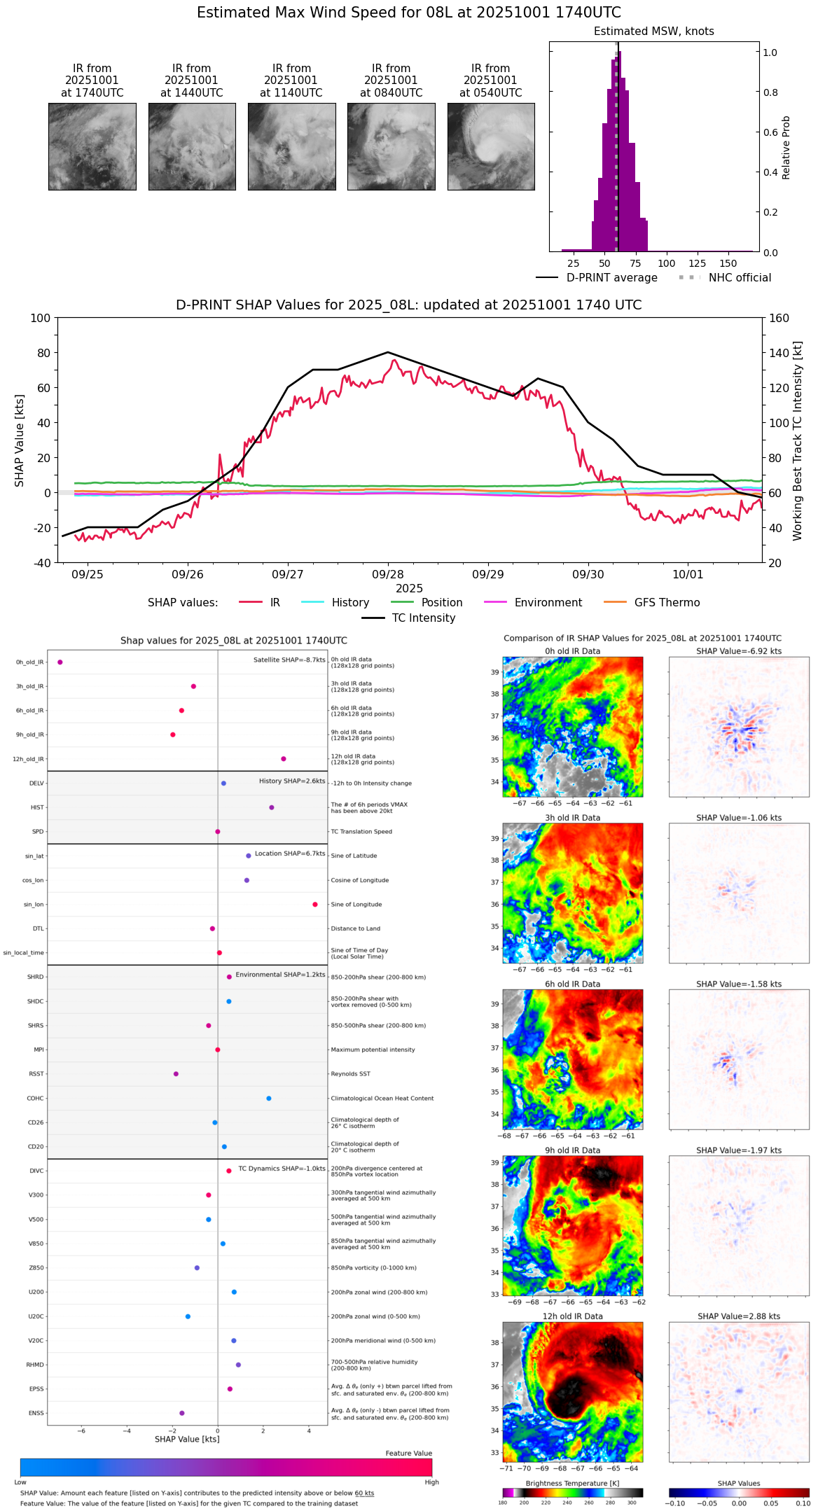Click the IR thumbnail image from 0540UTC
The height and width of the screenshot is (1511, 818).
pos(491,146)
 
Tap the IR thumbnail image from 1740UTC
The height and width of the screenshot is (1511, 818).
pos(92,146)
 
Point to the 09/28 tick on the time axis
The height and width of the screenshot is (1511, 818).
pos(388,574)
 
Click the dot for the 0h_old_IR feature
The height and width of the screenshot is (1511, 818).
pos(60,662)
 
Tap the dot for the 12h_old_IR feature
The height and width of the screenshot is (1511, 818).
pos(284,759)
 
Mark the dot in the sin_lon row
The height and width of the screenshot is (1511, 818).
pos(315,905)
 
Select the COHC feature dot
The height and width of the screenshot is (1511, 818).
pos(269,1099)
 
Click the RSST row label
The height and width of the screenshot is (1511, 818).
pos(36,1074)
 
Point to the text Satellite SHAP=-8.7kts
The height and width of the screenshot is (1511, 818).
pos(289,660)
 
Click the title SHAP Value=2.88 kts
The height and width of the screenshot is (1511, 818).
pos(739,1317)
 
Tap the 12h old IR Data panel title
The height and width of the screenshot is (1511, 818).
pos(572,1317)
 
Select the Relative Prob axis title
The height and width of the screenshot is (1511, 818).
pos(786,148)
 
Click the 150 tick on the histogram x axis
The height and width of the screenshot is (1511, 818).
pos(728,264)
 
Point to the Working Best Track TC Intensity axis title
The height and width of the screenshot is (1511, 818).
pos(798,441)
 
